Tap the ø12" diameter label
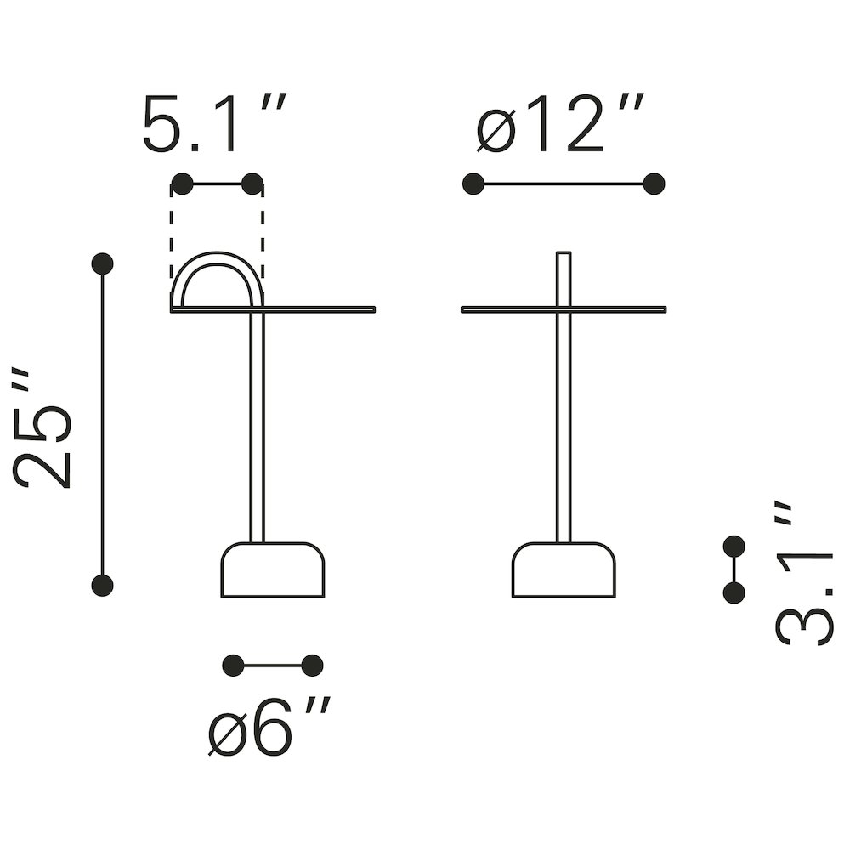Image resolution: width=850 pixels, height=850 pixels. point(560,123)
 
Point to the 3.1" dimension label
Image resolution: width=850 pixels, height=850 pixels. point(803,575)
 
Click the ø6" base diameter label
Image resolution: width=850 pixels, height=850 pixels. point(269,727)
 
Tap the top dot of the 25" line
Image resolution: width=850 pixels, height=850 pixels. point(103,264)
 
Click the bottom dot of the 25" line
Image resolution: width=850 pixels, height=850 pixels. point(103,586)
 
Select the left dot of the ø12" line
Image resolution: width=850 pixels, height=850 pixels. point(473,184)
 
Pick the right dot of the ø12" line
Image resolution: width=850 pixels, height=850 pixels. point(654,184)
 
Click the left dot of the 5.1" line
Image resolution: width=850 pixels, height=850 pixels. point(182,184)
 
